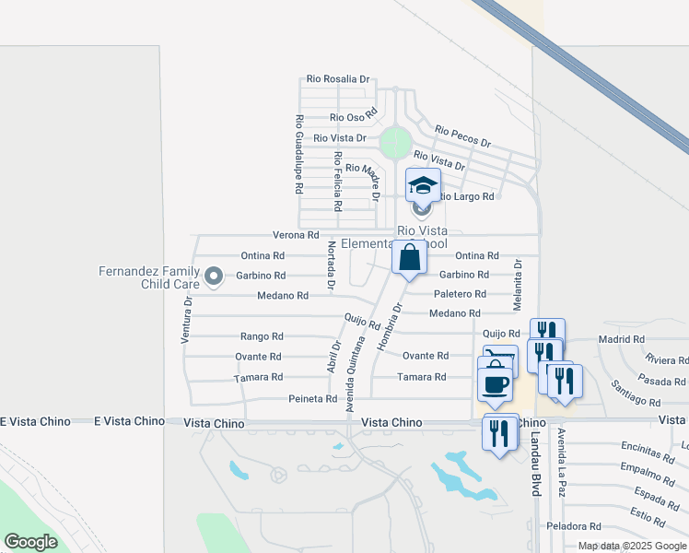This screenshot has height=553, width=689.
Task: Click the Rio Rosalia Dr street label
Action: (339, 79)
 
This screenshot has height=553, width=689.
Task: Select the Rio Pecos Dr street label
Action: (463, 137)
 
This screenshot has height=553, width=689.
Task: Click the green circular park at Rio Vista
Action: (395, 143)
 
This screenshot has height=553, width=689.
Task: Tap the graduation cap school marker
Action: (424, 185)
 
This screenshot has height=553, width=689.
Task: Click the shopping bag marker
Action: (409, 257)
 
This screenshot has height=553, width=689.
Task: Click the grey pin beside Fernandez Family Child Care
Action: (214, 276)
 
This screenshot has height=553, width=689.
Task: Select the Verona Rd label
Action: (295, 235)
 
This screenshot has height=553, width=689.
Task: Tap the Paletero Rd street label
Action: (460, 294)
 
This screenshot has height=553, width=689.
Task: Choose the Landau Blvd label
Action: (534, 465)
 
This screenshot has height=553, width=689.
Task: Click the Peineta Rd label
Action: (312, 399)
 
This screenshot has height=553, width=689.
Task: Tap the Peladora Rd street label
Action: (573, 526)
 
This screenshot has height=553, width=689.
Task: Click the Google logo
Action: (30, 542)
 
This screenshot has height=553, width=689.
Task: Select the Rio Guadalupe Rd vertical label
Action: (299, 154)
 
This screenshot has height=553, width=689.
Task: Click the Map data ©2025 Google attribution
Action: (632, 546)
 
